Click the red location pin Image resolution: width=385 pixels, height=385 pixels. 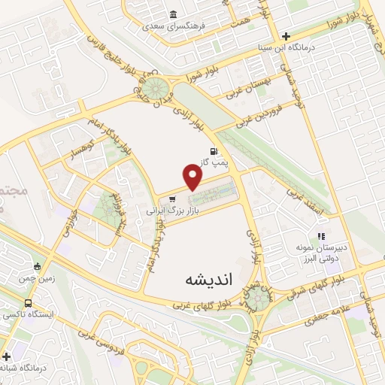(193, 177)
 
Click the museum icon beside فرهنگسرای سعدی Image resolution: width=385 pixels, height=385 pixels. (174, 14)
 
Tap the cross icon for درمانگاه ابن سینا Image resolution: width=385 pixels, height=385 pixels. (285, 35)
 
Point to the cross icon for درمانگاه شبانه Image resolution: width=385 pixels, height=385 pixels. (7, 356)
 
